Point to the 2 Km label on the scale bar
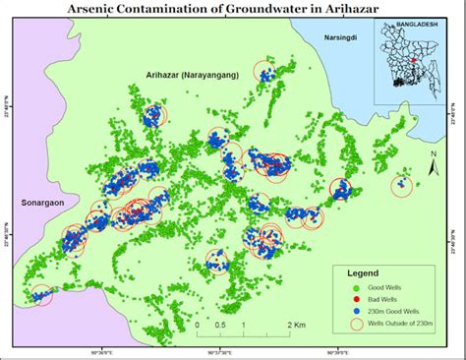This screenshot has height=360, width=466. coord(295,325)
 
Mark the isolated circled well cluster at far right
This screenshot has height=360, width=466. coord(401,185)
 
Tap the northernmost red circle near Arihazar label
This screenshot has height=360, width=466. coord(263,71)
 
